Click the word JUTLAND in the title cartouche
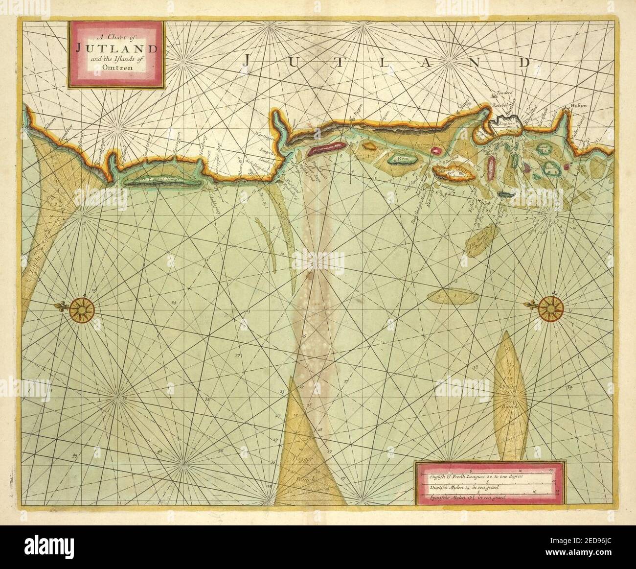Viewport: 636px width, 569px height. pyautogui.click(x=116, y=48)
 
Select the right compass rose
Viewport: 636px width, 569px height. pyautogui.click(x=551, y=307)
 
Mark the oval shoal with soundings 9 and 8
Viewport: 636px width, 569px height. pyautogui.click(x=453, y=296)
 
